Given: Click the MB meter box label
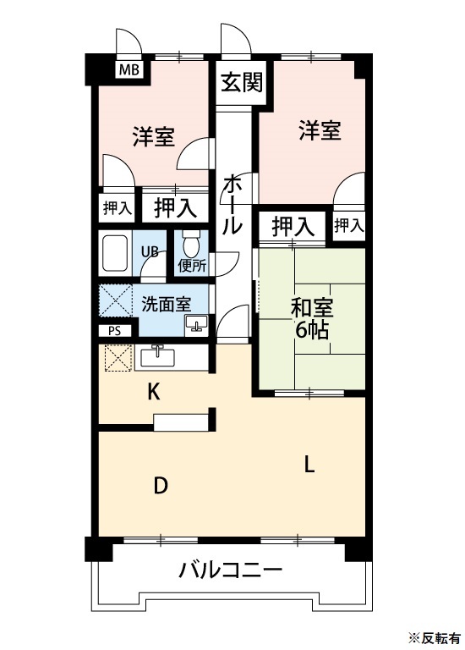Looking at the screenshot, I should (129, 69).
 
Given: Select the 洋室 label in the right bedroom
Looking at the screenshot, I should (320, 131).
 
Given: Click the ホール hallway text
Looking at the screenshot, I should (233, 204).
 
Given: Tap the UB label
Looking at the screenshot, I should (150, 251).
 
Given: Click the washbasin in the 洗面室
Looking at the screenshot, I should (197, 323).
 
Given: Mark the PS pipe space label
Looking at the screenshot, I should (114, 332).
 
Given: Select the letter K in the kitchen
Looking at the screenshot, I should (154, 391).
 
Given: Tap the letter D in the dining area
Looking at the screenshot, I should (159, 486).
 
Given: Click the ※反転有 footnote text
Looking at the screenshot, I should (435, 636).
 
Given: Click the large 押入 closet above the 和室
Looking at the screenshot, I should (293, 225).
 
